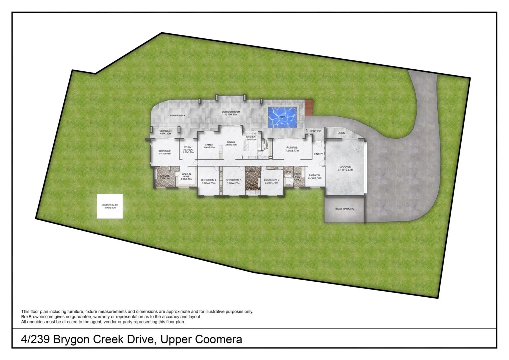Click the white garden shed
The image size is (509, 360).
pos(110,206)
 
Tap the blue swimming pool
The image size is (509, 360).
pos(282,117)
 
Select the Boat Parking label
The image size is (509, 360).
pos(344,209)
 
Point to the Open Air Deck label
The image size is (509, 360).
pos(177,115)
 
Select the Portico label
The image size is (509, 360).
pos(315,131)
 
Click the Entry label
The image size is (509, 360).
pos(318,154)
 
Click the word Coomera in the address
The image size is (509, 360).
pos(218,339)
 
